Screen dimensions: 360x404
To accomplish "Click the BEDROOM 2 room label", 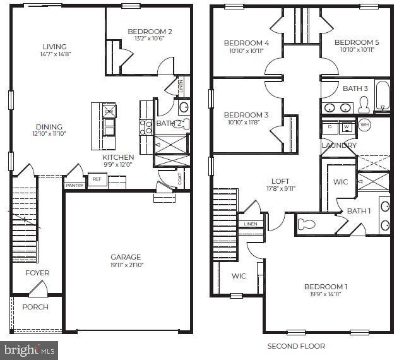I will [150, 32].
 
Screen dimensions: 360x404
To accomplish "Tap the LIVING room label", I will [55, 47].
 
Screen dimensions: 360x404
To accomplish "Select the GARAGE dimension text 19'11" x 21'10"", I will [126, 265].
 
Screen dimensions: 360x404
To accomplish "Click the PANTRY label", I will [74, 186].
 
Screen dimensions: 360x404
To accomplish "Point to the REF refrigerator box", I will [97, 179].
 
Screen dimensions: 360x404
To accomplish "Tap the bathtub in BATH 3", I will [382, 96].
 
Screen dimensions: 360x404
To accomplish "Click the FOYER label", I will [37, 273].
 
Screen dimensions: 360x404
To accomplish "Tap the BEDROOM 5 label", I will [357, 42].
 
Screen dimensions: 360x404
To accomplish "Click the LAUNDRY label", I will [339, 145].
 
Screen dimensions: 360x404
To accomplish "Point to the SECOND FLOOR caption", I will [296, 346].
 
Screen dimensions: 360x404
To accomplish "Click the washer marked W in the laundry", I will [346, 126].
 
